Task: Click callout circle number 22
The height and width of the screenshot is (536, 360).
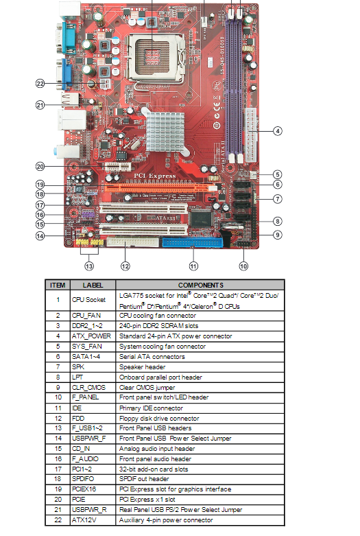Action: click(x=40, y=84)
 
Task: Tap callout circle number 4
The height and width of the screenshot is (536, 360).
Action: click(x=278, y=131)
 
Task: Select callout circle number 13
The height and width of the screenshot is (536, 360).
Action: click(x=89, y=266)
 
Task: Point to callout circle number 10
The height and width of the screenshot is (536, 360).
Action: click(x=243, y=266)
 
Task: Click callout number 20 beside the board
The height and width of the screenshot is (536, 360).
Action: click(x=40, y=167)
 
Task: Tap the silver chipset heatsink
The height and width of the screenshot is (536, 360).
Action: click(x=165, y=132)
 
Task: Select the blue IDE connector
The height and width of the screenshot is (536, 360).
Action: click(x=192, y=242)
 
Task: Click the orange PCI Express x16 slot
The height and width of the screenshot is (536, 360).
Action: click(x=157, y=187)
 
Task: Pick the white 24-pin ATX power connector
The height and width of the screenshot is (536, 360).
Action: click(x=250, y=136)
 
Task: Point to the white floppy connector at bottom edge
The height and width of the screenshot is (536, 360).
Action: click(x=132, y=242)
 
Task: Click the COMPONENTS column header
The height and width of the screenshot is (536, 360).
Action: click(x=200, y=285)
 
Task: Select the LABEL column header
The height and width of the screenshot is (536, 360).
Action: click(x=93, y=285)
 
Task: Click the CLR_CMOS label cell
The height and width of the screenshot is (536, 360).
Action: click(x=89, y=387)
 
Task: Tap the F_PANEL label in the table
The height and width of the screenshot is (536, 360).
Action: click(x=86, y=397)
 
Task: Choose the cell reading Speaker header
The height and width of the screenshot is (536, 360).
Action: click(x=142, y=366)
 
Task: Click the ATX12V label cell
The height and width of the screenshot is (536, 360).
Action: click(x=84, y=520)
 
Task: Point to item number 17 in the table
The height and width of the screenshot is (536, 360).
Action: click(x=58, y=469)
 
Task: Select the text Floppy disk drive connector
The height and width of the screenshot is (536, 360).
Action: click(x=159, y=418)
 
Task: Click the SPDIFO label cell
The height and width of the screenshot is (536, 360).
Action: click(x=83, y=479)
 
